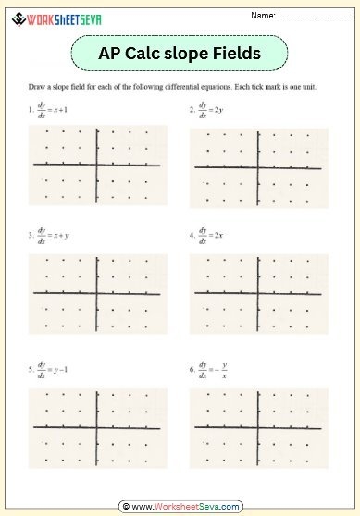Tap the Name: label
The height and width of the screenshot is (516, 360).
(264, 16)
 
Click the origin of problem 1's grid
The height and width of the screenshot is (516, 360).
(98, 166)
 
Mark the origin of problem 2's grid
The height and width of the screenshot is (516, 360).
(257, 167)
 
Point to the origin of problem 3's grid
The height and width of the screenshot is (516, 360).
(98, 293)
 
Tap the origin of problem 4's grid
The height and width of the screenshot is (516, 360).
(257, 293)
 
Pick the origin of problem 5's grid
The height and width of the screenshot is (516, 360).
(98, 427)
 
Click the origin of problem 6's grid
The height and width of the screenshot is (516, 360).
(257, 427)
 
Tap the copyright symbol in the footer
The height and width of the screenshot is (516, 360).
(124, 507)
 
